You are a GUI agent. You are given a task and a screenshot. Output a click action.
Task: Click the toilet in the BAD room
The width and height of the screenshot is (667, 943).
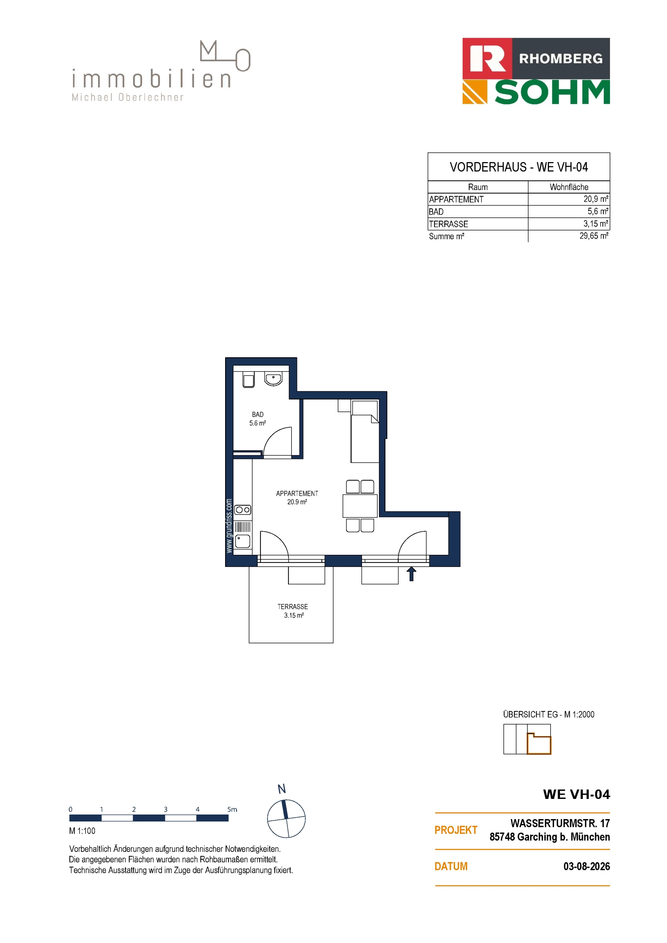[x=248, y=379]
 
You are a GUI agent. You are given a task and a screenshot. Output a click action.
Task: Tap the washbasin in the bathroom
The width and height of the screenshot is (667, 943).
[x=273, y=379]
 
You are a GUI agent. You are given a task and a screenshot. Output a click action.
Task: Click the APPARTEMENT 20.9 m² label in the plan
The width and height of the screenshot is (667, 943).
[x=297, y=498]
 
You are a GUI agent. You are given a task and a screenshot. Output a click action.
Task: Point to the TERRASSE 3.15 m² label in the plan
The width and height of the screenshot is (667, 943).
[x=293, y=611]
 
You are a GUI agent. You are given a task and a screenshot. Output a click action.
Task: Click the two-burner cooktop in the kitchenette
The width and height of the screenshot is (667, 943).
[x=243, y=510]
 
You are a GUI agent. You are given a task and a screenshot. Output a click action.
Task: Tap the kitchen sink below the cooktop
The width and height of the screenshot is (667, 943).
[x=243, y=541]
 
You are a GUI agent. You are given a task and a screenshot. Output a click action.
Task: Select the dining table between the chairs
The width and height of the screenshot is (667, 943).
[x=360, y=506]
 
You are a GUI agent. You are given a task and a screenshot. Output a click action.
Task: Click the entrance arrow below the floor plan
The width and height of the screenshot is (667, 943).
[x=411, y=574]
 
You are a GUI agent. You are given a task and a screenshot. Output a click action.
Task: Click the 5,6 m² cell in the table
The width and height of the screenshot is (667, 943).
[x=598, y=211]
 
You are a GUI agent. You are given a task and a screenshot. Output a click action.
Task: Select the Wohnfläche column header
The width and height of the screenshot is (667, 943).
[x=569, y=187]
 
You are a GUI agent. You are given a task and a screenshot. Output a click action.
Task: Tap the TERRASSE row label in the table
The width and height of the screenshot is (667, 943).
[x=448, y=224]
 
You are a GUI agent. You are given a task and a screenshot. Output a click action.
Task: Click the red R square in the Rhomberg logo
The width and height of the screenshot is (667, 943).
[x=487, y=58]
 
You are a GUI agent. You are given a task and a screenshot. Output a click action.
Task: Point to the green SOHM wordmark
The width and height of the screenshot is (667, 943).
[x=552, y=92]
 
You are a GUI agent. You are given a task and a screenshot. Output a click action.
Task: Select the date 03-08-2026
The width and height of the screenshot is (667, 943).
[x=586, y=866]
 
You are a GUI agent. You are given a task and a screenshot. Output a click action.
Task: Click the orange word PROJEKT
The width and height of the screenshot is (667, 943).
[x=456, y=830]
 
